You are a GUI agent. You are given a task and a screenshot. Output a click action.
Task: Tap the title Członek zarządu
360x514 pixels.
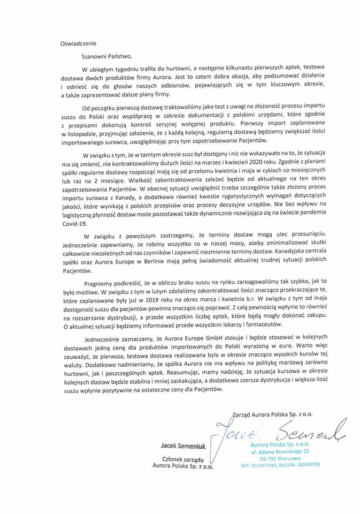pyautogui.click(x=183, y=458)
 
